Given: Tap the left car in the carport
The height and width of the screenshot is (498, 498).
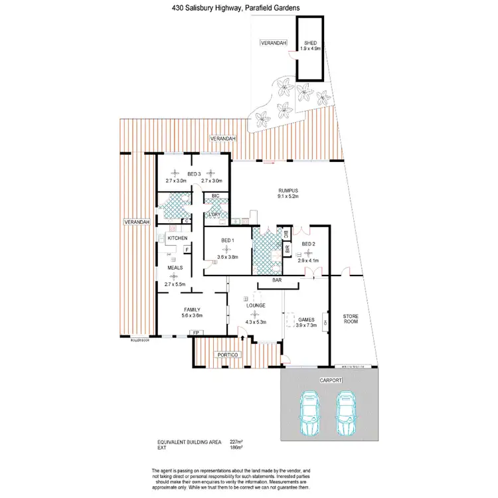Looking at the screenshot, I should [309, 414].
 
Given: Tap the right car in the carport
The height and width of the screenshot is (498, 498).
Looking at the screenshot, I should [346, 414].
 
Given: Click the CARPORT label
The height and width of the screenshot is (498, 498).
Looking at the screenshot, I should [331, 379].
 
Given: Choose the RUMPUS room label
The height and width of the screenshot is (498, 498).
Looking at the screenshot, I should [288, 191].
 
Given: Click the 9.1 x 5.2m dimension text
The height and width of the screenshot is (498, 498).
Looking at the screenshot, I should [288, 197].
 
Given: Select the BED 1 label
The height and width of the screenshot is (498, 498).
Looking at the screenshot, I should [227, 240].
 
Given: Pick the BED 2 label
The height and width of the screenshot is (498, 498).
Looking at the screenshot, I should [309, 244].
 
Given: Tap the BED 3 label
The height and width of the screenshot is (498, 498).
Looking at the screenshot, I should [194, 174].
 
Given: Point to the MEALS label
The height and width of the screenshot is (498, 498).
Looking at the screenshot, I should [175, 268].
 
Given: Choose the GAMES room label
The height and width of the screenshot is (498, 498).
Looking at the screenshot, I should [305, 319].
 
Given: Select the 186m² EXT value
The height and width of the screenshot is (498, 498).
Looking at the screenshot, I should [235, 448].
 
